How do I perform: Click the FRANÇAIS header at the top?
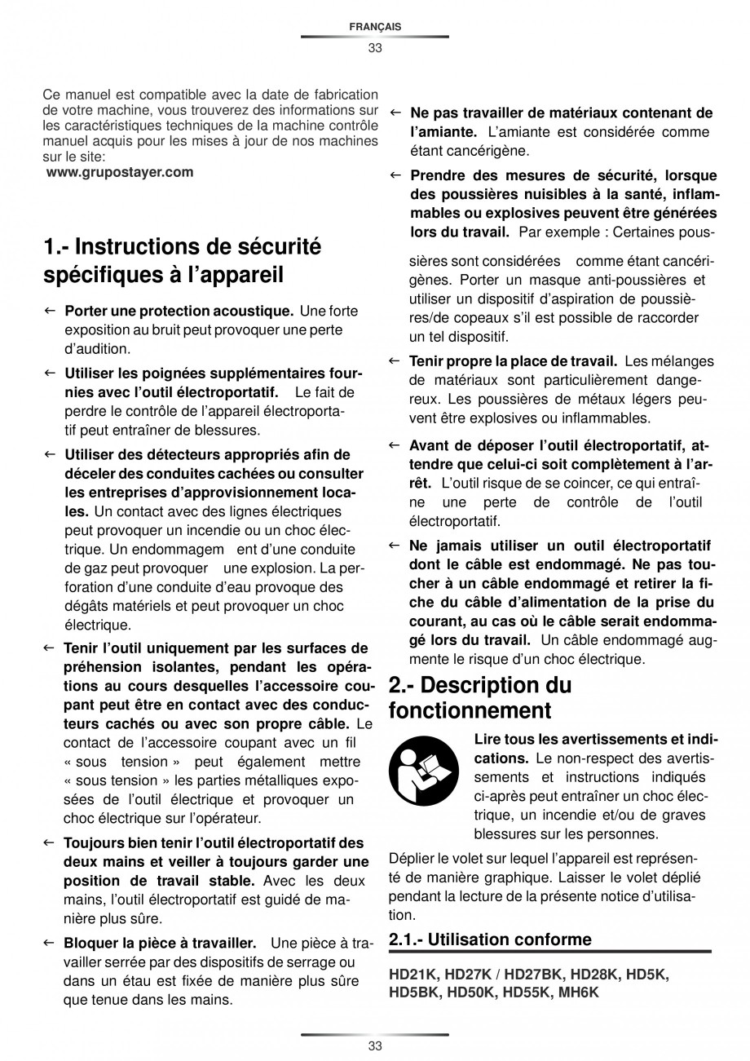pyautogui.click(x=374, y=27)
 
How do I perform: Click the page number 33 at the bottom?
pyautogui.click(x=374, y=1046)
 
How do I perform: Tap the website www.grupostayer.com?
pyautogui.click(x=121, y=172)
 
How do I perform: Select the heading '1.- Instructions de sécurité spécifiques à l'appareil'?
pyautogui.click(x=183, y=260)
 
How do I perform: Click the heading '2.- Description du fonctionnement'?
pyautogui.click(x=480, y=697)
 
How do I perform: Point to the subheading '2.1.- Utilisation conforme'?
pyautogui.click(x=491, y=939)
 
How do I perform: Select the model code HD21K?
pyautogui.click(x=412, y=975)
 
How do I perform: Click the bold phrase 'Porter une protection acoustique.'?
pyautogui.click(x=179, y=311)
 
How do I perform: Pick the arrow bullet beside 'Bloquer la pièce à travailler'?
pyautogui.click(x=49, y=944)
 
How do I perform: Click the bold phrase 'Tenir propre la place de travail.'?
pyautogui.click(x=513, y=360)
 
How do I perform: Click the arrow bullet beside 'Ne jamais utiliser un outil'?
pyautogui.click(x=395, y=545)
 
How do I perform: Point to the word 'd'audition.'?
pyautogui.click(x=97, y=348)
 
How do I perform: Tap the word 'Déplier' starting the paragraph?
pyautogui.click(x=412, y=858)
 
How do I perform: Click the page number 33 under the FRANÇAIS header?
pyautogui.click(x=374, y=47)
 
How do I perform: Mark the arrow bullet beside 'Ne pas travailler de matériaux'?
pyautogui.click(x=395, y=113)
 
